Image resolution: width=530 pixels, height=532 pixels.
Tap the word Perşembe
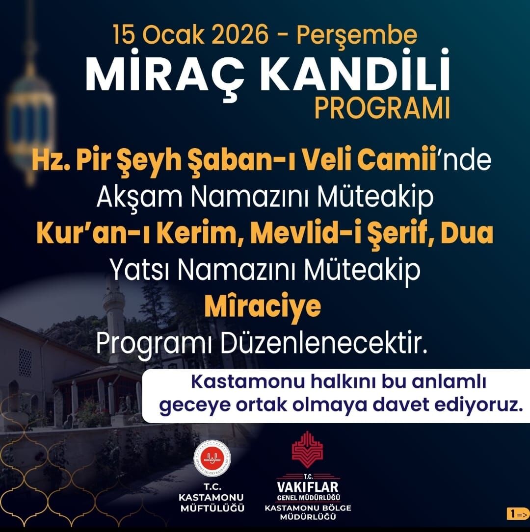point(357,36)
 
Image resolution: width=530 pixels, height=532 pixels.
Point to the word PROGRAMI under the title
point(382,109)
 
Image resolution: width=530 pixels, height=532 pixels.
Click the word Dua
point(466,233)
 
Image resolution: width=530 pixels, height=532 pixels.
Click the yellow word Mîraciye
point(263,306)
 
